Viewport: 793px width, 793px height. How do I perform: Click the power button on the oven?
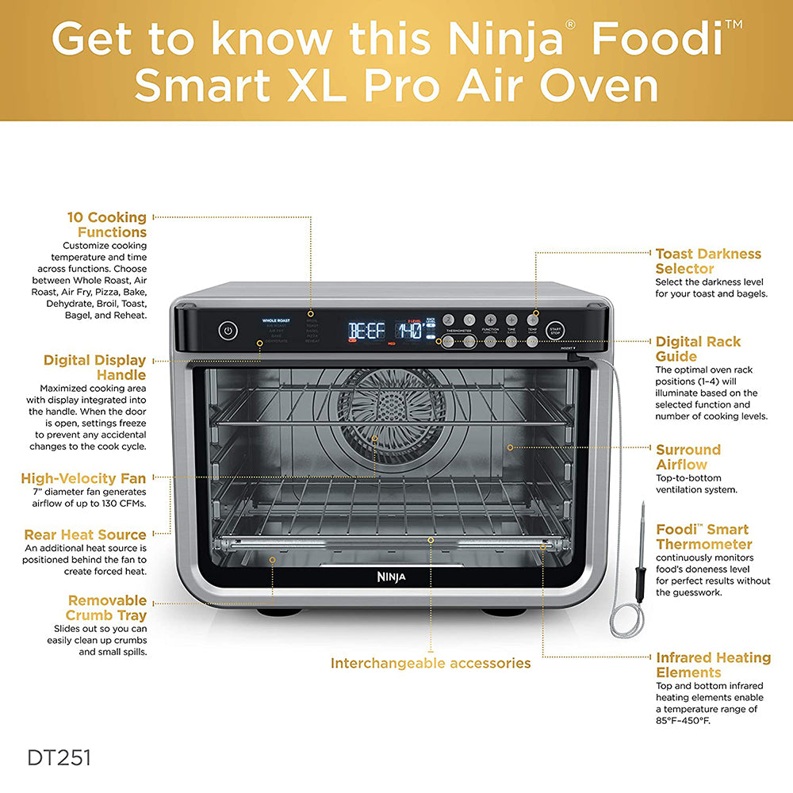point(228,331)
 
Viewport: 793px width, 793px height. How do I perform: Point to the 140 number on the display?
point(409,331)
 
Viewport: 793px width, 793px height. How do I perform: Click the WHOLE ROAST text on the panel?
point(276,320)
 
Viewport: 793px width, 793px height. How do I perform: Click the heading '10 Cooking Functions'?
point(107,224)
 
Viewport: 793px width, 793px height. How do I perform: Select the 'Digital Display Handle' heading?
point(95,367)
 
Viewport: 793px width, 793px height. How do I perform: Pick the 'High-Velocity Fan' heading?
point(83,478)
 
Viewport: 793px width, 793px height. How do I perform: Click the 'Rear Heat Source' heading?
point(85,534)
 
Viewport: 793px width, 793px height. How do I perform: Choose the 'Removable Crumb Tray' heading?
point(106,607)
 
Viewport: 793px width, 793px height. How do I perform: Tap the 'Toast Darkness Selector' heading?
point(707,261)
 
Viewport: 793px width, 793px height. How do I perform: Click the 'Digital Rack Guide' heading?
point(698,349)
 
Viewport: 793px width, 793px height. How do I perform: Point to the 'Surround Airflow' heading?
point(688,457)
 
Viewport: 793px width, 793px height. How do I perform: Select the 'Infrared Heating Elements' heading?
point(713,665)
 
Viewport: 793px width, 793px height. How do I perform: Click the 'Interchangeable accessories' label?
point(431,663)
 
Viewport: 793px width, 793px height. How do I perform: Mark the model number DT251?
point(59,757)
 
